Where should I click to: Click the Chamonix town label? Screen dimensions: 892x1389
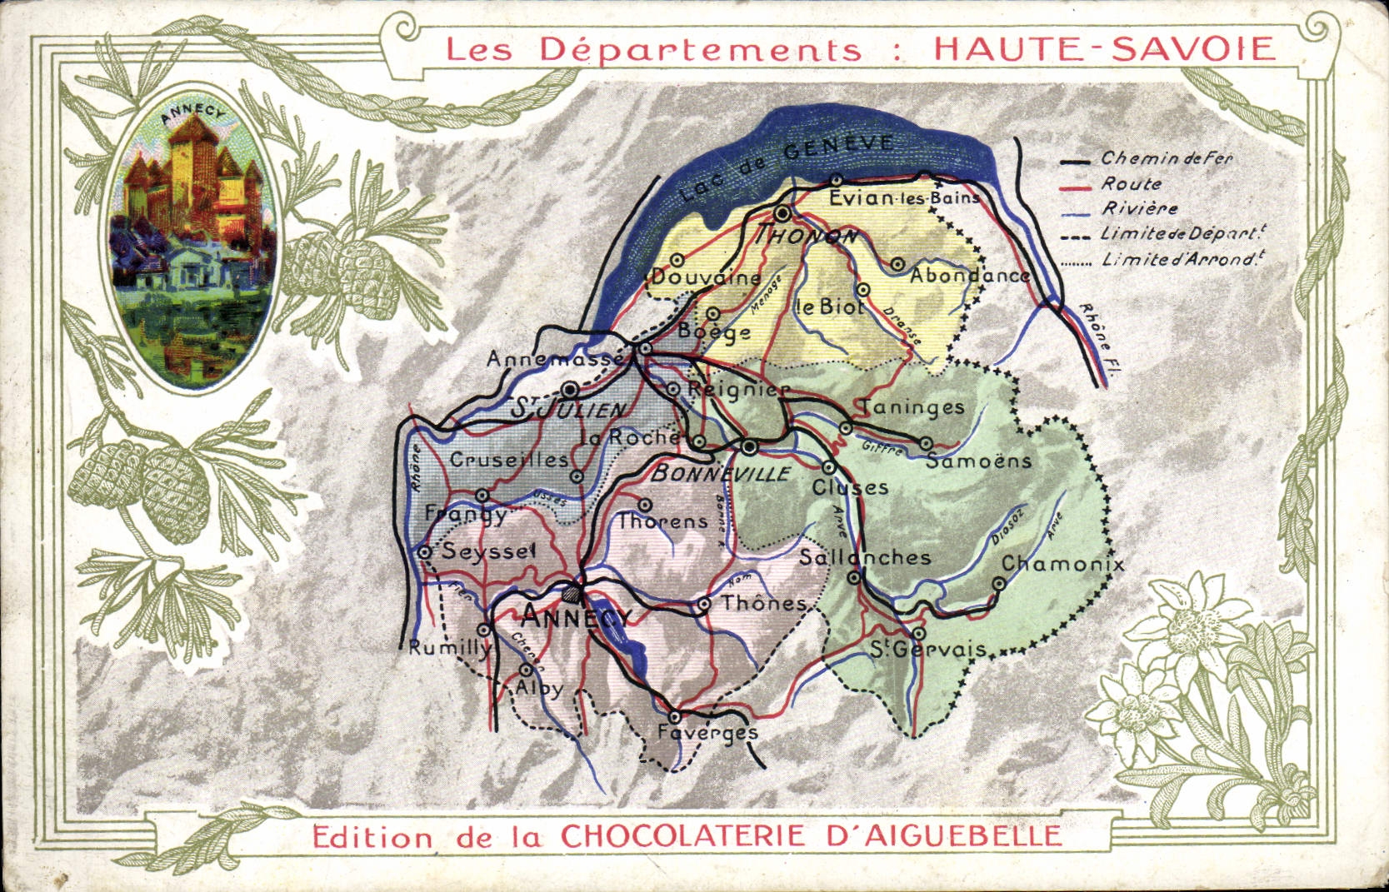coord(1062,565)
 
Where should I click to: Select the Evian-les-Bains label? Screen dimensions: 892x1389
coord(904,198)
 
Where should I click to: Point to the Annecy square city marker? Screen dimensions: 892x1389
coord(573,594)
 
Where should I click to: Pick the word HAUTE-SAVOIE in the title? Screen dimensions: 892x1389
coord(1104,48)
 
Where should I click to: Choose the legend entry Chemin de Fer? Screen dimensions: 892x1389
coord(1166,158)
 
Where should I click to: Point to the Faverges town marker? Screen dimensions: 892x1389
coord(675,716)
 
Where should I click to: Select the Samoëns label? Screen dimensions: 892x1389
coord(978,461)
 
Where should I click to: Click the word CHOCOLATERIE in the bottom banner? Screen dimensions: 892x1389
coord(683,835)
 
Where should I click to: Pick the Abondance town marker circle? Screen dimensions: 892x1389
coord(897,264)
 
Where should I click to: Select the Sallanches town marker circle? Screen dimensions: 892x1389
coord(854,578)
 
